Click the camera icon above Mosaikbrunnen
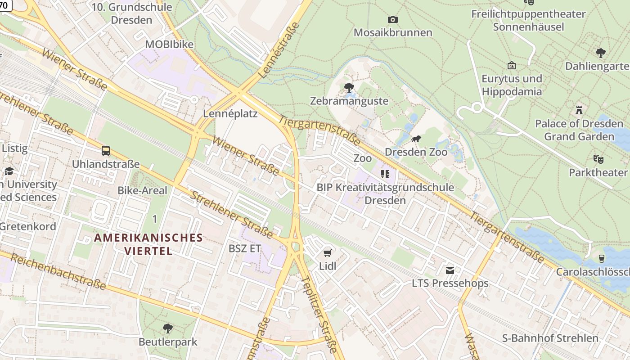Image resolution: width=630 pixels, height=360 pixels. pyautogui.click(x=392, y=19)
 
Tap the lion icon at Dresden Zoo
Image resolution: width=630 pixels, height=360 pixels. pyautogui.click(x=416, y=139)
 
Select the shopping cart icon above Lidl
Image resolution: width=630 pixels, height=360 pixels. pyautogui.click(x=328, y=253)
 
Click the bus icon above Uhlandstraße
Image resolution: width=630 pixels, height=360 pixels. pyautogui.click(x=106, y=151)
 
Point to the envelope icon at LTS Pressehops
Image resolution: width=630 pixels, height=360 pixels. pyautogui.click(x=450, y=270)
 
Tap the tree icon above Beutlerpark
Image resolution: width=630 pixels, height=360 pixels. pyautogui.click(x=168, y=328)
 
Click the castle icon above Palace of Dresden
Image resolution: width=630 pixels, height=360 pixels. pyautogui.click(x=579, y=110)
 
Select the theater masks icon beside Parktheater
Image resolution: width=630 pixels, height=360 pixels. pyautogui.click(x=598, y=159)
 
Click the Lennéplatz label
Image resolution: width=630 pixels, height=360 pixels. pyautogui.click(x=230, y=113)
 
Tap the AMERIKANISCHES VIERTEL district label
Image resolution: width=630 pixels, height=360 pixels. pyautogui.click(x=148, y=244)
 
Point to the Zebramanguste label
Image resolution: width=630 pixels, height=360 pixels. pyautogui.click(x=349, y=101)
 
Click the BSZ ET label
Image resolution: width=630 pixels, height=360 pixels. pyautogui.click(x=245, y=248)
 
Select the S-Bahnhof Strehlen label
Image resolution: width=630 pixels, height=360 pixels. pyautogui.click(x=550, y=338)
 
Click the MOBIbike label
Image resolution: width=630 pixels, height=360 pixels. pyautogui.click(x=169, y=44)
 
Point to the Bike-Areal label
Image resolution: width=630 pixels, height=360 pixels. pyautogui.click(x=142, y=190)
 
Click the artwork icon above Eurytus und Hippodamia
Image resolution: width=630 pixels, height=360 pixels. pyautogui.click(x=511, y=65)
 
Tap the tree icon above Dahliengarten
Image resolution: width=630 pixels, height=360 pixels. pyautogui.click(x=600, y=53)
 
